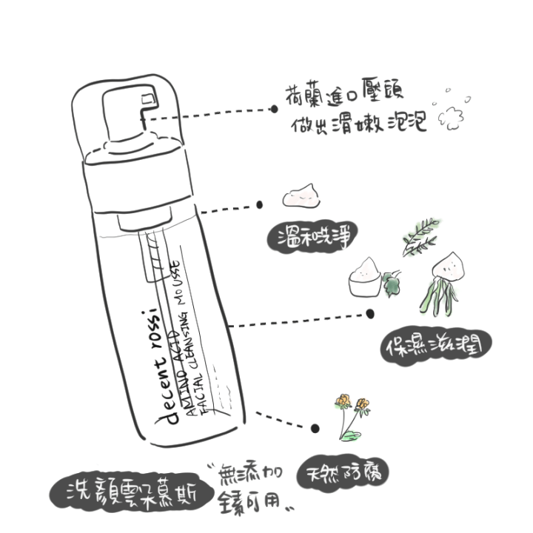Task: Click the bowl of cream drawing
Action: tap(368, 278)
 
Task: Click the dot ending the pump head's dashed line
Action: tap(274, 108)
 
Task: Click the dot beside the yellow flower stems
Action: tap(315, 428)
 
